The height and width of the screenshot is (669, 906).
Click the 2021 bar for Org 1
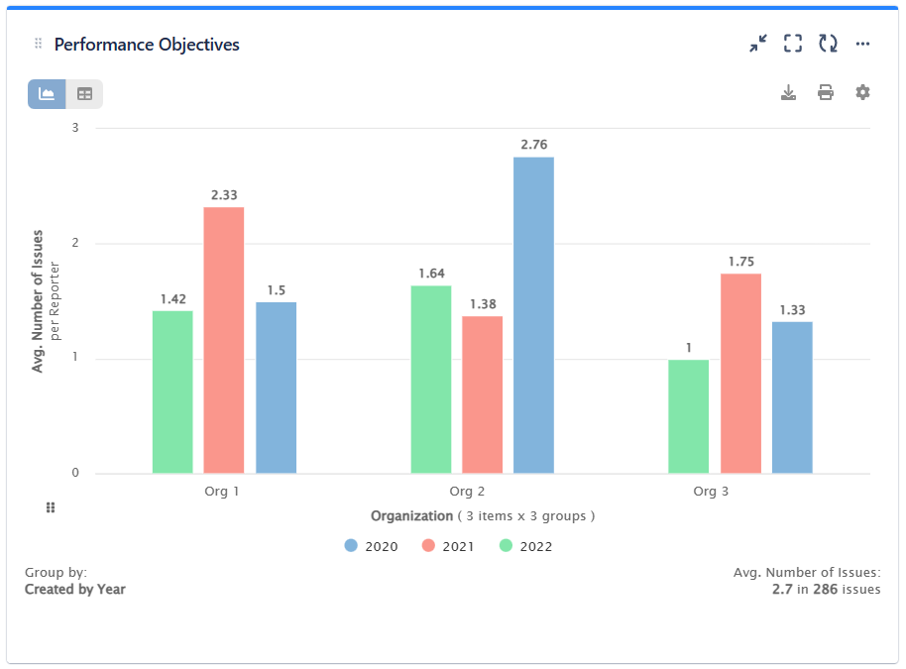pyautogui.click(x=224, y=340)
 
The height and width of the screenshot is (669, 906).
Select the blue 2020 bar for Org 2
pyautogui.click(x=533, y=315)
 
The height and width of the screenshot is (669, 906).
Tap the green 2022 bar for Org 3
pyautogui.click(x=688, y=416)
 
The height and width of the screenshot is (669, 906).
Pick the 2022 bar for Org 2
pyautogui.click(x=430, y=380)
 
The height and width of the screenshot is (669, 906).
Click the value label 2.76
pyautogui.click(x=533, y=145)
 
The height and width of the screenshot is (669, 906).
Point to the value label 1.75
pyautogui.click(x=740, y=262)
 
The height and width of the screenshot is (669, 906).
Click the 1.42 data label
pyautogui.click(x=172, y=298)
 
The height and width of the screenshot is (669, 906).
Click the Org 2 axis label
pyautogui.click(x=467, y=492)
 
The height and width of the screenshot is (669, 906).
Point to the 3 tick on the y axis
pyautogui.click(x=75, y=128)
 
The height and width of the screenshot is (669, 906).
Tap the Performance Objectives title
pyautogui.click(x=147, y=45)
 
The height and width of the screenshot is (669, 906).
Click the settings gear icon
pyautogui.click(x=862, y=92)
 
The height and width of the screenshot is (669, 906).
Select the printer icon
pyautogui.click(x=825, y=92)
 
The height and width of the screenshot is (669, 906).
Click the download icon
pyautogui.click(x=788, y=92)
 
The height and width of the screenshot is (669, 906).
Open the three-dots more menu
pyautogui.click(x=862, y=44)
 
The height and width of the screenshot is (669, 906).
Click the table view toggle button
pyautogui.click(x=84, y=94)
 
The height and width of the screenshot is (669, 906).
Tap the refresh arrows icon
pyautogui.click(x=828, y=44)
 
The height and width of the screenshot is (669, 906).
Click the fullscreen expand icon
pyautogui.click(x=792, y=44)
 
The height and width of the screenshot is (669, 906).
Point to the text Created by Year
pyautogui.click(x=75, y=589)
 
